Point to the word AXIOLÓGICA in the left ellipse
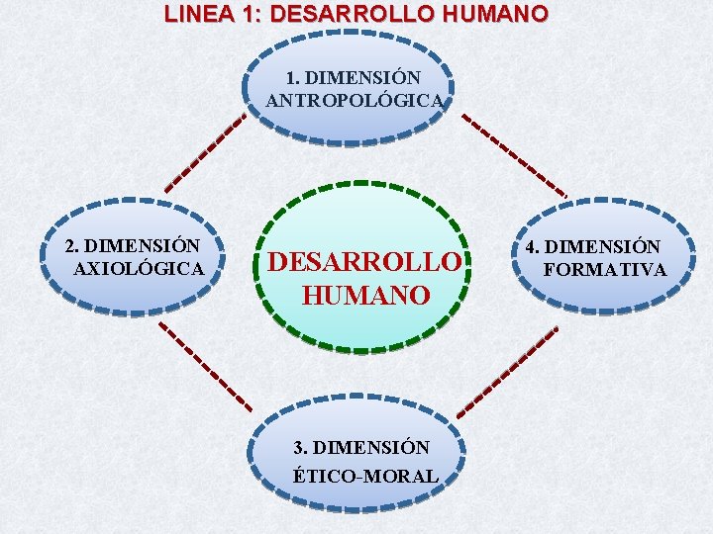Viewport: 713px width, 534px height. pos(141,268)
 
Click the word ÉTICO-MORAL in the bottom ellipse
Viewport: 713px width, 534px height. pos(365,476)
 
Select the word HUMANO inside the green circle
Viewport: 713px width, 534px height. pos(365,296)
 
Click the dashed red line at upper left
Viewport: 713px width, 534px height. pos(205,152)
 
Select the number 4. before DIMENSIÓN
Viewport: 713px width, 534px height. pos(533,246)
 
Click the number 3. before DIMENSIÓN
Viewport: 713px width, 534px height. pos(301,448)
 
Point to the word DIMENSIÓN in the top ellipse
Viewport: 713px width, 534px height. pos(365,77)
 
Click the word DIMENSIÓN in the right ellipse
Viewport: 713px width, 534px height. pos(603,246)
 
